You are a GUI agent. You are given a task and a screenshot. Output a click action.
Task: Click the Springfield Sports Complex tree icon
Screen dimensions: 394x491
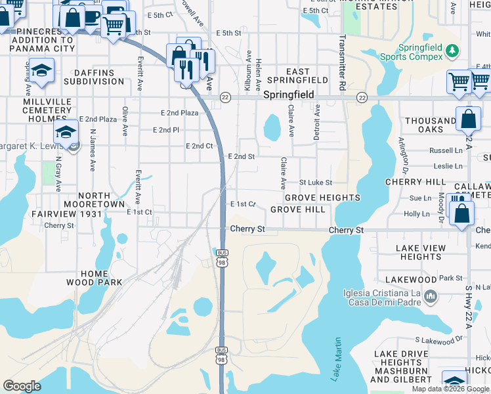click(x=451, y=50)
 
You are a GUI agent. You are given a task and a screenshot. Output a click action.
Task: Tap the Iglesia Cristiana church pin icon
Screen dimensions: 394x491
click(x=430, y=297)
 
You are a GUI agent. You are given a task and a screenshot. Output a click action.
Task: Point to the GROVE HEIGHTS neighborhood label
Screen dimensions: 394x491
click(x=322, y=198)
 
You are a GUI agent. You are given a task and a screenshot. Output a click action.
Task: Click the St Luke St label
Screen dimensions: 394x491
click(x=316, y=182)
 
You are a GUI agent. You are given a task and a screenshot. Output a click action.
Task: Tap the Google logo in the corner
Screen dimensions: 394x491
click(x=22, y=385)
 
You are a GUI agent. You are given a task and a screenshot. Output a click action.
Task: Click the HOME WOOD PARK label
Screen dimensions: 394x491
click(x=95, y=278)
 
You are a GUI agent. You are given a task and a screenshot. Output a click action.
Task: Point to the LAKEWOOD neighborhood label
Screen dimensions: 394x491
click(x=412, y=280)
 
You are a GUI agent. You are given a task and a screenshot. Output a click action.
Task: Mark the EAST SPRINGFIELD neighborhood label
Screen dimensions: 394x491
click(x=307, y=76)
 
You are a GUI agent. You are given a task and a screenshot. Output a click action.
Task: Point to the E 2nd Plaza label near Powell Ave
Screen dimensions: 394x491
click(x=179, y=113)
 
